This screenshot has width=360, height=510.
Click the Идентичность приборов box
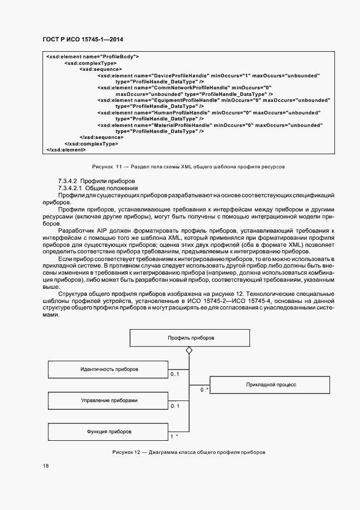pos(109,369)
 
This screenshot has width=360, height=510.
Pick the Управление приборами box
pos(109,400)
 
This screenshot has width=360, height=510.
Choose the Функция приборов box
pos(109,432)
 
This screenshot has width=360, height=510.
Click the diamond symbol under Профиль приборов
pos(189,350)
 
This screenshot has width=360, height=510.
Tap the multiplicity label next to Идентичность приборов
pos(174,374)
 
